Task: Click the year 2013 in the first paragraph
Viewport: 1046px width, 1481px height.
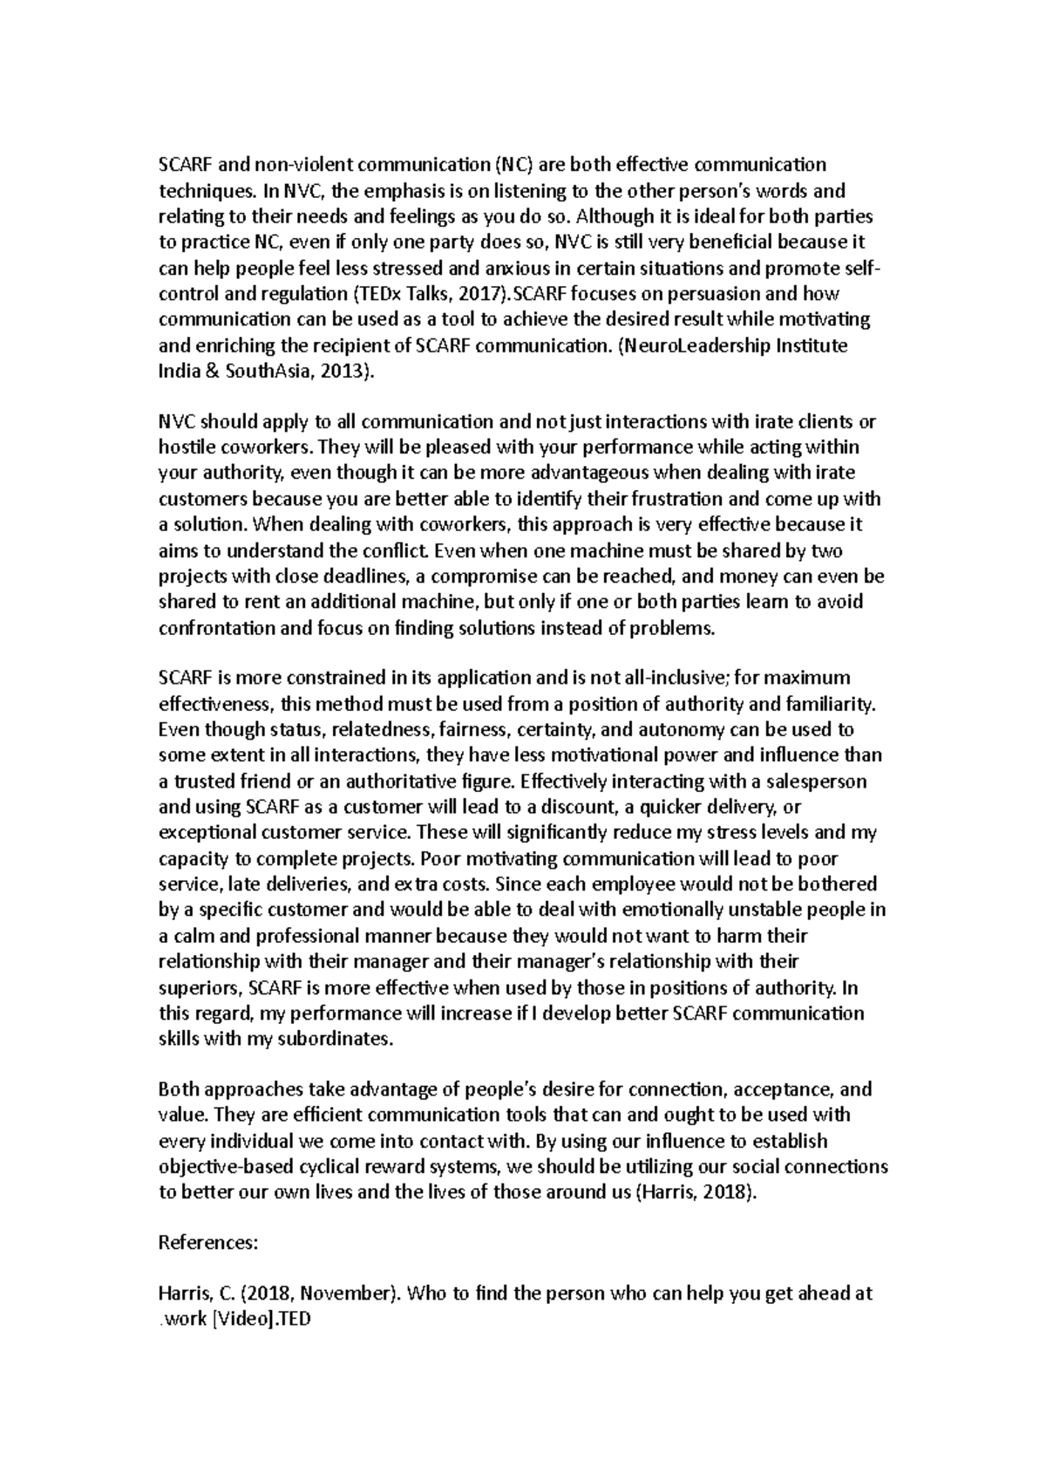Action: pos(348,371)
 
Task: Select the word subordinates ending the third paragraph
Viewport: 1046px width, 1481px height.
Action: pos(339,1039)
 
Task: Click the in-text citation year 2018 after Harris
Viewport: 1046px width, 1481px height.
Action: pos(733,1192)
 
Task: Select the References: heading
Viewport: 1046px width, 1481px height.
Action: pos(207,1243)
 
